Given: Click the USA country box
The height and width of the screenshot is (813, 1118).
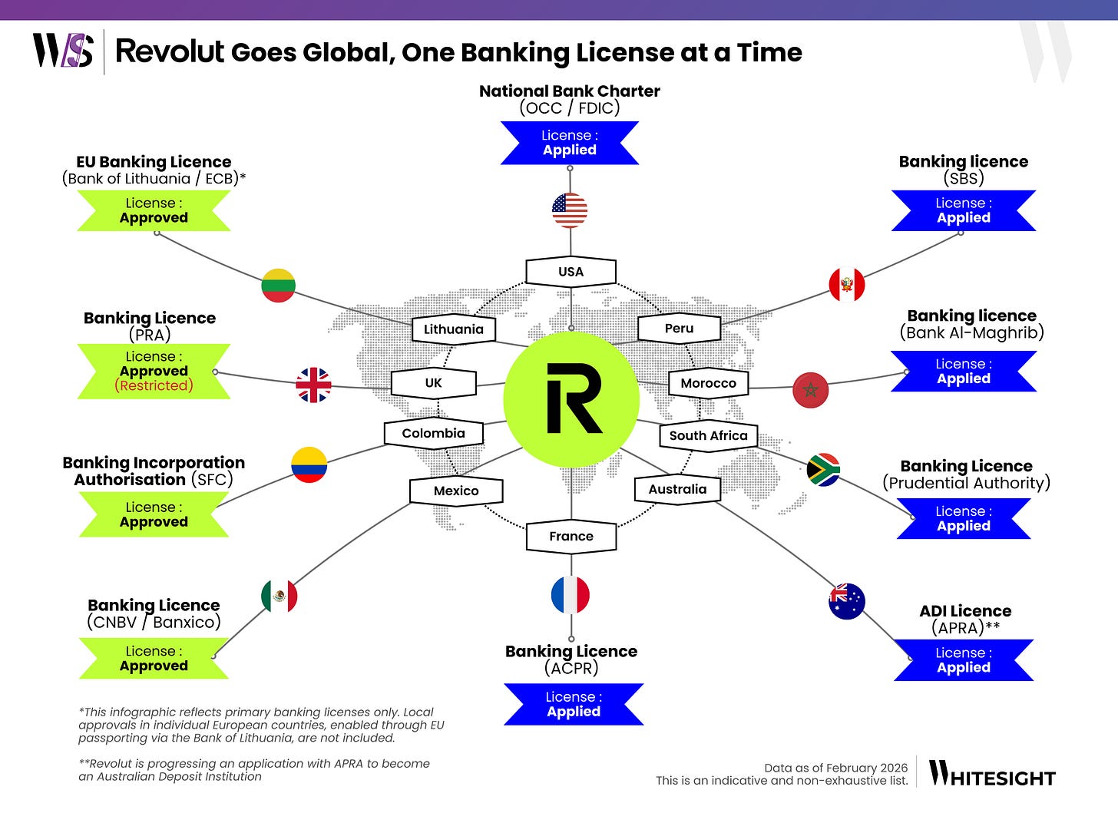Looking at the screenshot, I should tap(571, 272).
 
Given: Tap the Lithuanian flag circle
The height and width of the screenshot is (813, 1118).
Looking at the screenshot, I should tap(278, 286).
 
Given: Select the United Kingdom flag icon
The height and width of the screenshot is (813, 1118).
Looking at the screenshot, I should tap(314, 385).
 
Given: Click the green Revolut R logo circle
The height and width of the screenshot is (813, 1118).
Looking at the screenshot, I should tap(571, 399).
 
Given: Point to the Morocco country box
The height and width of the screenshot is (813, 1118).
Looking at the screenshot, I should tap(708, 383).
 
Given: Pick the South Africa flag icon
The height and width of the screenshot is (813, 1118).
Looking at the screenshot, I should tap(823, 470).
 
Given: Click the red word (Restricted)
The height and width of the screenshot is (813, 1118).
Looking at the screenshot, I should tap(154, 385).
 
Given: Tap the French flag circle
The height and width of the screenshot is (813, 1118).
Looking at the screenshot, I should tap(571, 595).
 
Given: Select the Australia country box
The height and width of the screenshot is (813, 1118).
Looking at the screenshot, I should tap(677, 489).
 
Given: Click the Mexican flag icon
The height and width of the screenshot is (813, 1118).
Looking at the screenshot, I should tap(279, 597).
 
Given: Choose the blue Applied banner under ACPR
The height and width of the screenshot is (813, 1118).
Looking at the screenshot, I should tap(574, 704).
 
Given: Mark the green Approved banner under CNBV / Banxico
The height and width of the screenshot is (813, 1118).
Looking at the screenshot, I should tap(154, 658).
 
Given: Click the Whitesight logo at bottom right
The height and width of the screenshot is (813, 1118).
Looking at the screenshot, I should tap(992, 774).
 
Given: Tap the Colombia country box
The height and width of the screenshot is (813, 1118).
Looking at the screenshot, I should tap(433, 433).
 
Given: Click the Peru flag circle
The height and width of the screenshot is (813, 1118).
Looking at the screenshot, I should tap(847, 285).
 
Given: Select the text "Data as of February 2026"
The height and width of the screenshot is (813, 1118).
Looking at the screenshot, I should tap(835, 768).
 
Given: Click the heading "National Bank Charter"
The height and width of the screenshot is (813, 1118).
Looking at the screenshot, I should tap(570, 91).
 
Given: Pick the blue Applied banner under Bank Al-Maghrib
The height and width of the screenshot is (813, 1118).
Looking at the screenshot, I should tap(964, 371).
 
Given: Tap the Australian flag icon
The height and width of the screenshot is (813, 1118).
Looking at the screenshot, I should tap(847, 601).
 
